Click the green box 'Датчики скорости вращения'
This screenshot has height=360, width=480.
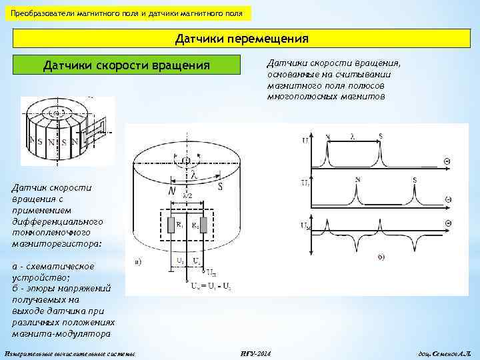click(x=126, y=66)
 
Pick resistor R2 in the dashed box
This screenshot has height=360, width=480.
click(x=204, y=225)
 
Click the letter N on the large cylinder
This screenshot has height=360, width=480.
click(x=173, y=191)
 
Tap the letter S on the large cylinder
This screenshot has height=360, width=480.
click(x=220, y=187)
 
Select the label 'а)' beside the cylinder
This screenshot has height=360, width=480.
click(x=138, y=262)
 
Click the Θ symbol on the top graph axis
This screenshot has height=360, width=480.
click(x=448, y=161)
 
